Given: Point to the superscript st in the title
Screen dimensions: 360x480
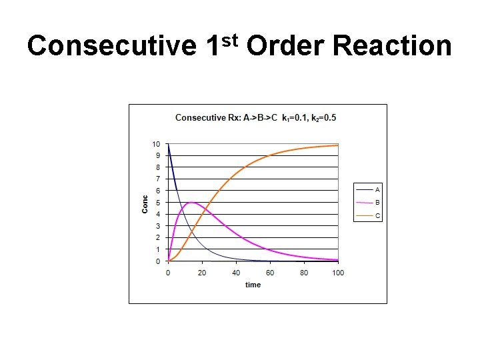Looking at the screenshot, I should [229, 41].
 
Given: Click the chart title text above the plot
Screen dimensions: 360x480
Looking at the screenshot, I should [256, 118].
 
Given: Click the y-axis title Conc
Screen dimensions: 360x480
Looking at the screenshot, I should [145, 203].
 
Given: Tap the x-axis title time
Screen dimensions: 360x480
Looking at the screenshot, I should [253, 285].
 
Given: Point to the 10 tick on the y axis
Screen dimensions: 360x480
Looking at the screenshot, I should [156, 144].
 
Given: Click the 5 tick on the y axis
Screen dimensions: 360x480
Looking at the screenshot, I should [158, 203].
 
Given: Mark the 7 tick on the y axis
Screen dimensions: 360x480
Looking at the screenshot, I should [158, 179].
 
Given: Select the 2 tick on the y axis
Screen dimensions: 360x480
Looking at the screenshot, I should [158, 238].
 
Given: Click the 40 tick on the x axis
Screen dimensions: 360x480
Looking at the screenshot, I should [236, 272].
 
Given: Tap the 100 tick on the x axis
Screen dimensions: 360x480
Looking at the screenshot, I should [338, 272].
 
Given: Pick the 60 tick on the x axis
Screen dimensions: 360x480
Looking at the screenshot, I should [270, 272].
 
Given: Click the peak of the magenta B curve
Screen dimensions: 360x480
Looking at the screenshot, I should [192, 203].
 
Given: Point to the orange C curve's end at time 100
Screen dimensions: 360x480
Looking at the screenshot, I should [338, 145].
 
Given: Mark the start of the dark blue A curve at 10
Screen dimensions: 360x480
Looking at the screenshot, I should [169, 145].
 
